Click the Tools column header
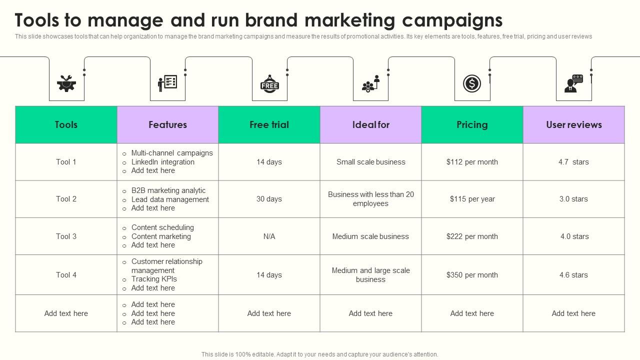tap(66, 125)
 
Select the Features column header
tap(167, 125)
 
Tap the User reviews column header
tap(573, 125)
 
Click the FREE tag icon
tap(269, 84)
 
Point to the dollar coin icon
tap(472, 83)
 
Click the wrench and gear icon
tap(66, 83)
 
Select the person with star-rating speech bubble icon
tap(573, 83)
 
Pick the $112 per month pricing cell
tap(472, 162)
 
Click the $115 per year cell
tap(472, 199)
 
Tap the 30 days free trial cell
tap(269, 199)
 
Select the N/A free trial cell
tap(269, 236)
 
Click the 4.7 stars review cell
tap(573, 162)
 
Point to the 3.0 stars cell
tap(573, 199)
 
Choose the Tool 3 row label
tap(66, 236)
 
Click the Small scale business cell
tap(370, 162)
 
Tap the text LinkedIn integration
tap(162, 162)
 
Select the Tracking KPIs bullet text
tap(154, 279)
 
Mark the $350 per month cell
tap(472, 275)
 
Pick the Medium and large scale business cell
tap(370, 275)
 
